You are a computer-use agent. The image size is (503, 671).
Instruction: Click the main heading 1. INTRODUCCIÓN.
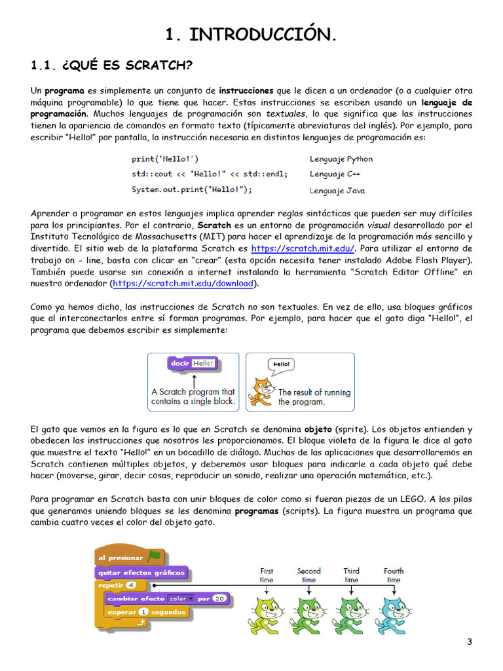coord(251,35)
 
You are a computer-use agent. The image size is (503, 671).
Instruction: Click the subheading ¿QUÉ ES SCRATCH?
coord(112,66)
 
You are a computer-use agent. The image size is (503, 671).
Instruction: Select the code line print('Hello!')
coord(165,159)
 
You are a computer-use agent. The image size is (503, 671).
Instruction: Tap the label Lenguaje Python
coord(341,159)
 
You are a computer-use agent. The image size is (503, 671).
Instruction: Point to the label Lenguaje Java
coord(337,191)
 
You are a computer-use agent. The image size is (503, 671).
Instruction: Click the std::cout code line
coord(209,174)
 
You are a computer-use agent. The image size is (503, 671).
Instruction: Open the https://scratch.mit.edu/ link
coord(303,248)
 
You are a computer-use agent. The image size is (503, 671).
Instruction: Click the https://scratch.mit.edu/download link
coord(183,283)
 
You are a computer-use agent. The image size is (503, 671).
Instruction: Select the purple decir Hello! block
coord(192,363)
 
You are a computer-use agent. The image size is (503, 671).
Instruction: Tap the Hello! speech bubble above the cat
coord(281,364)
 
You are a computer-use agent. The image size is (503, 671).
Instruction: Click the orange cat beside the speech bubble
coord(265,392)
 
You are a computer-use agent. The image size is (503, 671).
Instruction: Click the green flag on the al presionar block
coord(154,557)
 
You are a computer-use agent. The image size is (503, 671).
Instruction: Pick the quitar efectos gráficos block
coord(142,572)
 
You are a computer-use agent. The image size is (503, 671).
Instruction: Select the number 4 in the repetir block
coord(131,585)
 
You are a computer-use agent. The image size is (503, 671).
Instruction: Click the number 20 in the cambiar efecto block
coord(219,598)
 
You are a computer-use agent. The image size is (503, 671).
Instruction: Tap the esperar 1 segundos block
coord(147,612)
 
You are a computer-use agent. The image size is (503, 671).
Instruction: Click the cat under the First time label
coord(265,613)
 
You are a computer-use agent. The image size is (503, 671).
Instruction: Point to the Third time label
coord(351,575)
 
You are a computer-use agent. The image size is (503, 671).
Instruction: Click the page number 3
coord(469,642)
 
